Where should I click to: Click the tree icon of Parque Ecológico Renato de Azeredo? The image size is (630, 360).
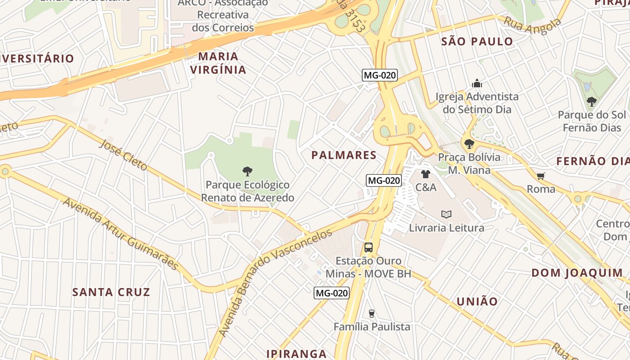247,171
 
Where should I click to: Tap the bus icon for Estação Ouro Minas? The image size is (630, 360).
369,247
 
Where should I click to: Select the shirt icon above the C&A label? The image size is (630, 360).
425,174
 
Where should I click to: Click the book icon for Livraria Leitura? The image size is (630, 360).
446,214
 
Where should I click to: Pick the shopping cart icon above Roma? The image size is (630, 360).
541,175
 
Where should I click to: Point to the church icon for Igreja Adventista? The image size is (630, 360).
477,83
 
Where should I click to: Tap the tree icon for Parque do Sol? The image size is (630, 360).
591,102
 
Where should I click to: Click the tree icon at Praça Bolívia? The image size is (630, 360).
469,144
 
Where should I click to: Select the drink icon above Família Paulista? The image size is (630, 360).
372,313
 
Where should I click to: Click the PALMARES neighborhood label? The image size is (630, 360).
344,155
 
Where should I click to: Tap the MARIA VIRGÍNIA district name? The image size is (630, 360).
218,63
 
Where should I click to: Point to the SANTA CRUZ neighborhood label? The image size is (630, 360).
111,292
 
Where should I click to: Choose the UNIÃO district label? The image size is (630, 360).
477,301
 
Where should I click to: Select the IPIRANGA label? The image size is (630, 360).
297,354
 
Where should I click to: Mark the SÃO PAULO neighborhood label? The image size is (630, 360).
477,41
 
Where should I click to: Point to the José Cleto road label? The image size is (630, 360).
123,155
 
